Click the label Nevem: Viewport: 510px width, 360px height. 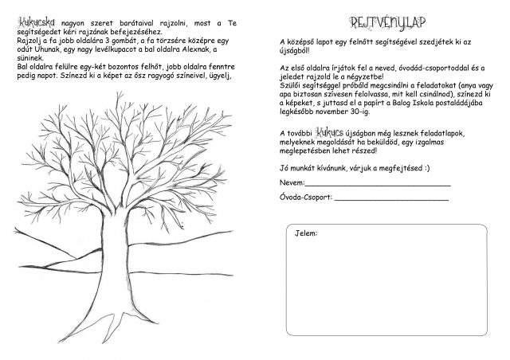click(x=284, y=183)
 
